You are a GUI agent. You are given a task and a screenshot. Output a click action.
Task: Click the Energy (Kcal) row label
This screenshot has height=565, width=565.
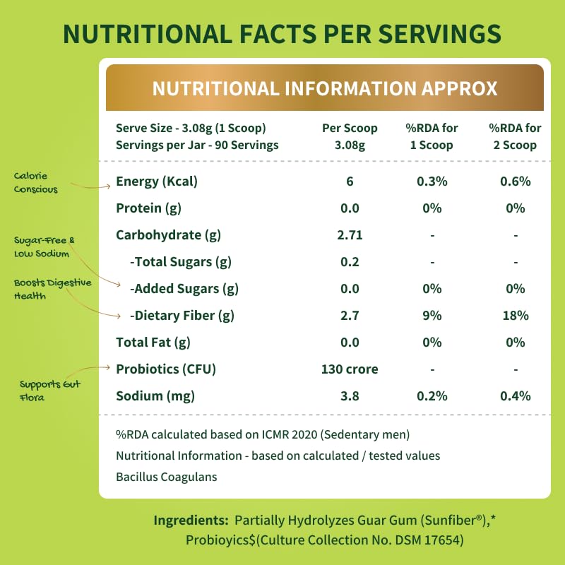(157, 182)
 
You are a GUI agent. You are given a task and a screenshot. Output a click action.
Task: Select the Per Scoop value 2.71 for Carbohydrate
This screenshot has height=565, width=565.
(350, 235)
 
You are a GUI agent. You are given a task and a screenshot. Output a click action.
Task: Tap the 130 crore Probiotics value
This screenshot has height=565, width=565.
(350, 369)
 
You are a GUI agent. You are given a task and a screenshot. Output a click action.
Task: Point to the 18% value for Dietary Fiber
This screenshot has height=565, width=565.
(516, 316)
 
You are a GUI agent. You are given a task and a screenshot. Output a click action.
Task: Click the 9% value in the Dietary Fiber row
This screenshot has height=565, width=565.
(432, 316)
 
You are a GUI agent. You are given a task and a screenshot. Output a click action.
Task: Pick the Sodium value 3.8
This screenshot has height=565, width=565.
(350, 396)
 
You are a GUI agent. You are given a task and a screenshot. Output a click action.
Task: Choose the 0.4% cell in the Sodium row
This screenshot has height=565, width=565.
(516, 396)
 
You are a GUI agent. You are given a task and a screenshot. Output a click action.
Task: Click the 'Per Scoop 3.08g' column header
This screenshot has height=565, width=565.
(350, 136)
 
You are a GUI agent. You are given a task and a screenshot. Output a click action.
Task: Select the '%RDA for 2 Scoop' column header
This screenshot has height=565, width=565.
(516, 136)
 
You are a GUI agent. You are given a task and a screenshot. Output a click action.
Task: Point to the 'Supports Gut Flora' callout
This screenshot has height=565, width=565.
(50, 390)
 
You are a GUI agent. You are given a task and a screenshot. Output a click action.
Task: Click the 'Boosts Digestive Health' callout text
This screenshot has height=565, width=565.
(52, 289)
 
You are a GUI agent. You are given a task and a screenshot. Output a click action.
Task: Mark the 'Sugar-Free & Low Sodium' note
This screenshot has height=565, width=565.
(44, 247)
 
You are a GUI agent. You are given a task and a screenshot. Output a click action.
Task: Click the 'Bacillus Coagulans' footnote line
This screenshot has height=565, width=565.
(167, 477)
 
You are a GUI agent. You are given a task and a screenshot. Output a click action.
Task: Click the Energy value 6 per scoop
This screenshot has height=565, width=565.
(350, 182)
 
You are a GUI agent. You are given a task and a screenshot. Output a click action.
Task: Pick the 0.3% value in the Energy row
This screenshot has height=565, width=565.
(432, 182)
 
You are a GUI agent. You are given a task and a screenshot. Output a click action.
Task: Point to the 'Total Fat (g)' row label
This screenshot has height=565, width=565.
(153, 343)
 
